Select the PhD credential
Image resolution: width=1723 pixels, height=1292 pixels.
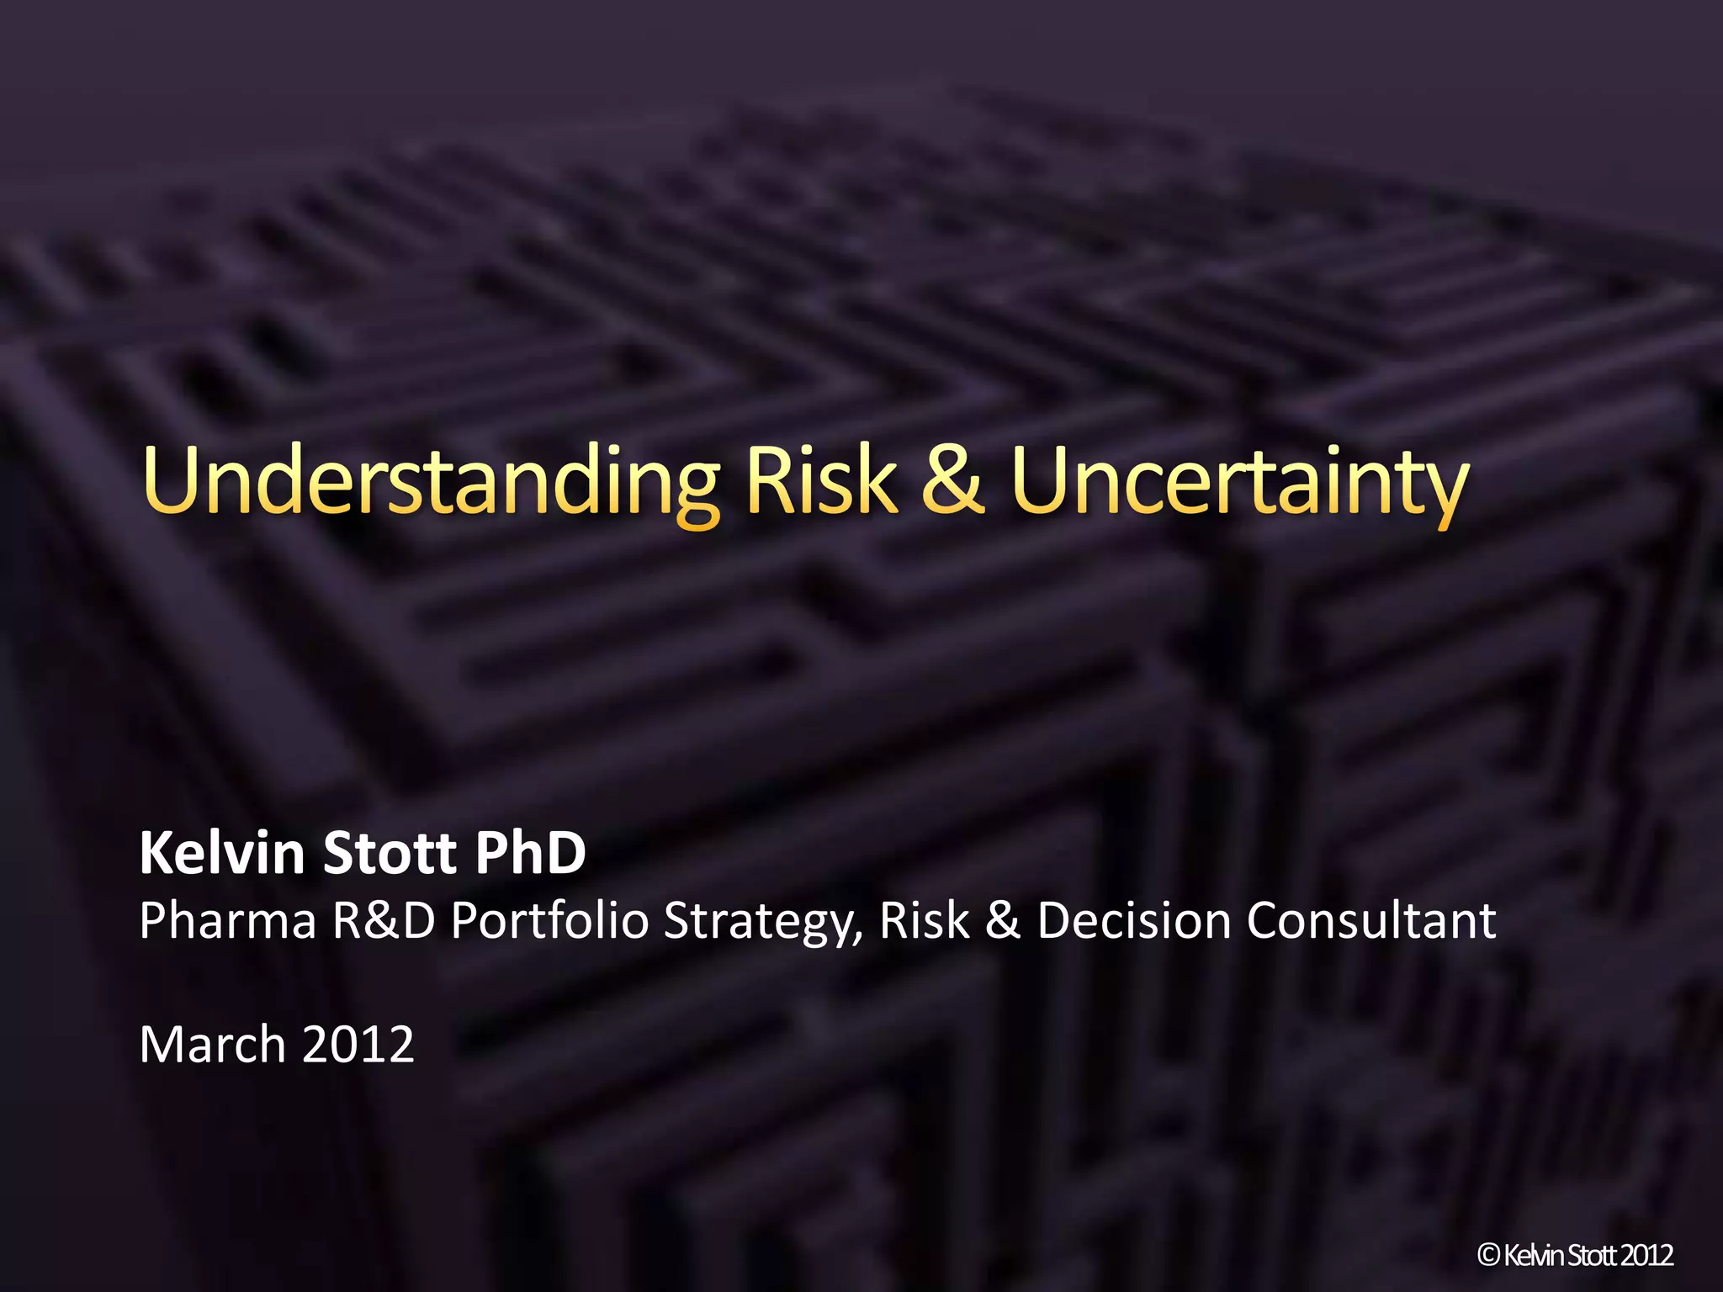(x=530, y=853)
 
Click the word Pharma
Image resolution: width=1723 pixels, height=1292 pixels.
(x=228, y=920)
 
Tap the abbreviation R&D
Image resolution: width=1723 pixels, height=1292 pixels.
(x=384, y=920)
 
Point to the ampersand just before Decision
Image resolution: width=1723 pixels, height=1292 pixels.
(x=1002, y=920)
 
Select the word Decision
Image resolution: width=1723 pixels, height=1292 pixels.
(x=1134, y=920)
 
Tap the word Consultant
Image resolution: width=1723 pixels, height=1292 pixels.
(x=1371, y=920)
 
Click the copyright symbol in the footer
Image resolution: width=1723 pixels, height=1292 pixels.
(x=1489, y=1256)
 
